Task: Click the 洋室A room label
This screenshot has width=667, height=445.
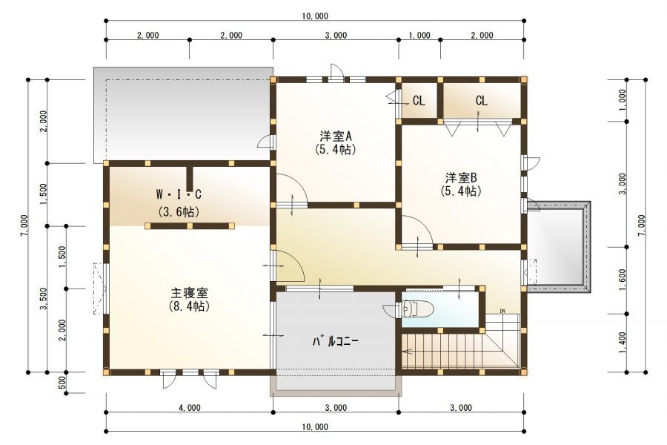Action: [336, 136]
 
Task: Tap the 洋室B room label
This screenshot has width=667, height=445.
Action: [461, 178]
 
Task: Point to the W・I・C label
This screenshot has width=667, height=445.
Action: [179, 194]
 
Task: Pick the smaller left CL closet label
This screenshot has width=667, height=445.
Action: [419, 100]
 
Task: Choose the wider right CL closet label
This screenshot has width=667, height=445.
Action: [482, 100]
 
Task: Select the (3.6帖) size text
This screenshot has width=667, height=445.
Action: [179, 211]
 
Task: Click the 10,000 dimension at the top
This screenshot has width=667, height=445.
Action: [316, 16]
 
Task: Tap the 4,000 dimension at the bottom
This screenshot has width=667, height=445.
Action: [189, 407]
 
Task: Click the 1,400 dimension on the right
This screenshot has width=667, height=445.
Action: [623, 341]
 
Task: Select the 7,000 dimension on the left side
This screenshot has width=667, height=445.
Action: [24, 225]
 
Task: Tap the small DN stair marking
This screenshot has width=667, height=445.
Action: [502, 311]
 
